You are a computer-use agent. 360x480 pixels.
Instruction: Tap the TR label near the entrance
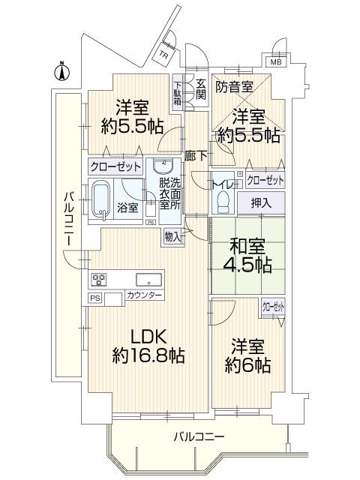(x=163, y=55)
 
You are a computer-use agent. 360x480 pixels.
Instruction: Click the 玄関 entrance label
(x=201, y=88)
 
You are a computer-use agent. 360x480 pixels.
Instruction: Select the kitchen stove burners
(x=99, y=280)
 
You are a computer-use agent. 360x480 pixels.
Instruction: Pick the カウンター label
(x=145, y=296)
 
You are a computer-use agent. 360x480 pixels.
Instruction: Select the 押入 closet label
(x=262, y=202)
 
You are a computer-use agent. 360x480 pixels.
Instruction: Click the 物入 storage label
(x=172, y=236)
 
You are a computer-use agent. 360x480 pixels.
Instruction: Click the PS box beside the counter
(x=94, y=298)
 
